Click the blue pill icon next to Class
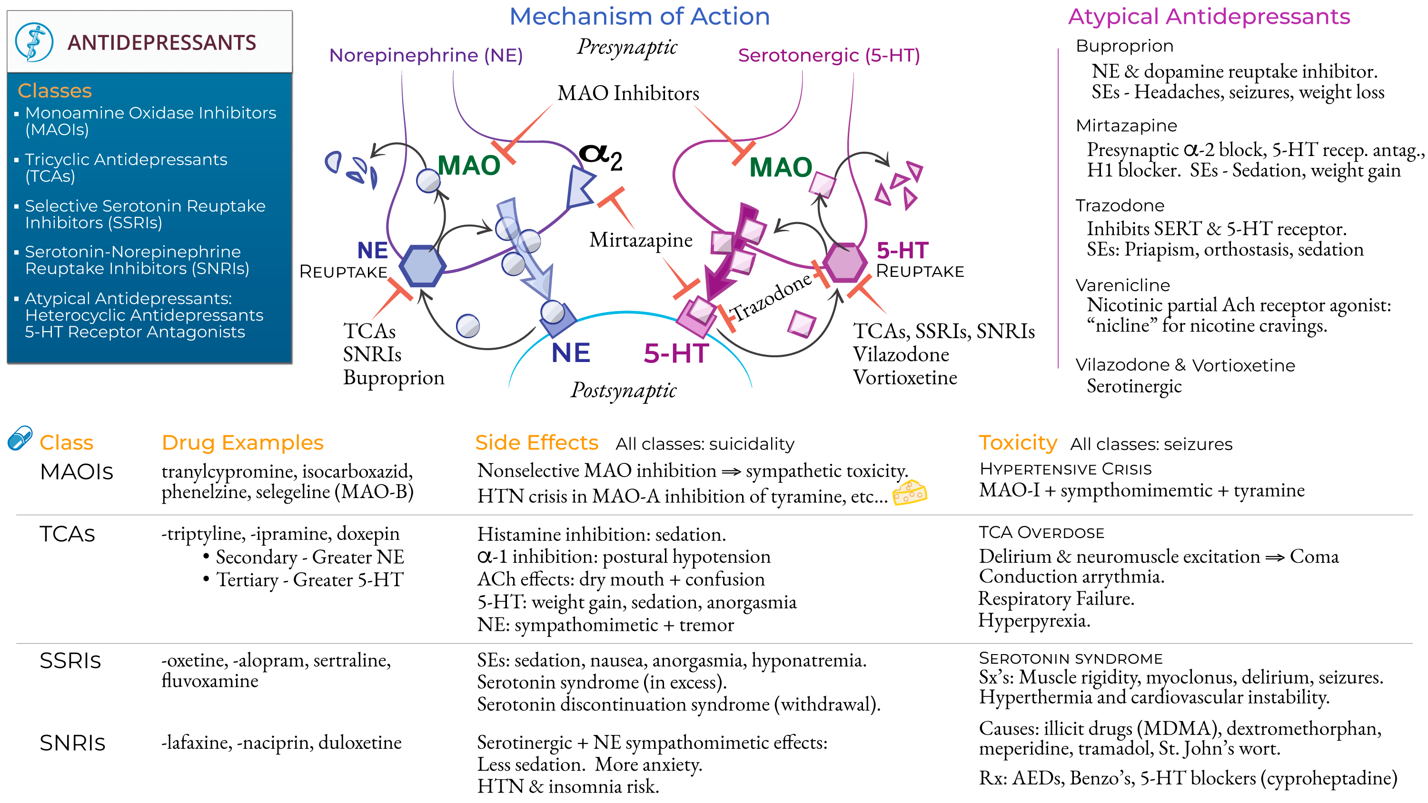20,438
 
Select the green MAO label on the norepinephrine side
468,165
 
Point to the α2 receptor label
601,157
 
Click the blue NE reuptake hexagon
422,265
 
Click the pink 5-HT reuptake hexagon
844,262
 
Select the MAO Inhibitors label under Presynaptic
628,93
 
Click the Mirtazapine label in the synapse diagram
640,240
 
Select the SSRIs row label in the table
70,661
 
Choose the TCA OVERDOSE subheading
1041,533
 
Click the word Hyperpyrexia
1033,620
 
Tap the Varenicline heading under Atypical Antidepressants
1122,285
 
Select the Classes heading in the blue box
54,90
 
